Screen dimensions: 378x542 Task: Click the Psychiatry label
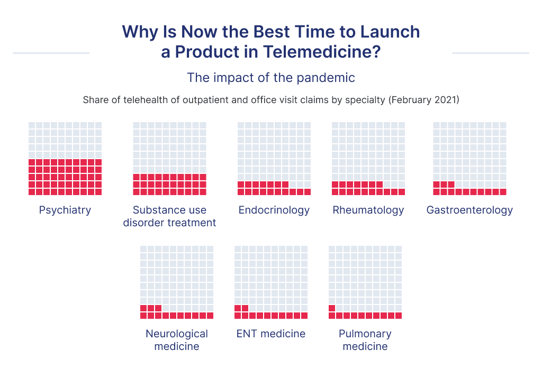tap(65, 210)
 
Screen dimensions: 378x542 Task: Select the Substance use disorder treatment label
tap(169, 216)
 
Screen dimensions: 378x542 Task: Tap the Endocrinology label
tap(274, 210)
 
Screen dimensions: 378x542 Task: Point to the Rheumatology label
tap(368, 210)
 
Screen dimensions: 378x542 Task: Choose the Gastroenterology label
tap(469, 210)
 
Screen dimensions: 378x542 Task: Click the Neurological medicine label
tap(177, 340)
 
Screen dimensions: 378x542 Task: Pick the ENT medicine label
tap(270, 334)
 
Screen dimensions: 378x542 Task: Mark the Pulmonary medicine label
tap(365, 340)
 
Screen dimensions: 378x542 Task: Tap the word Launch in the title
tap(390, 31)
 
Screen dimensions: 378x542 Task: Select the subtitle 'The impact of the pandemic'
tap(270, 78)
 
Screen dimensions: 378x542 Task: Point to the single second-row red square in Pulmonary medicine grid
tap(332, 308)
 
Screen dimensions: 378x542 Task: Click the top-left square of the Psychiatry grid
tap(32, 125)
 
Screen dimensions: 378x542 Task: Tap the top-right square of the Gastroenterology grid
tap(503, 125)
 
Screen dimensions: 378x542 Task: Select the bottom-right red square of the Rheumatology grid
tap(402, 192)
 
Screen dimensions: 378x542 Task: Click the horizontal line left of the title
tap(51, 53)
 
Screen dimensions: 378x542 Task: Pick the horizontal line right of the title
tap(490, 53)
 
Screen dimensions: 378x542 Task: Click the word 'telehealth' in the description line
tap(138, 100)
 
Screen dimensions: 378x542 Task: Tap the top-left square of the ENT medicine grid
tap(238, 249)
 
